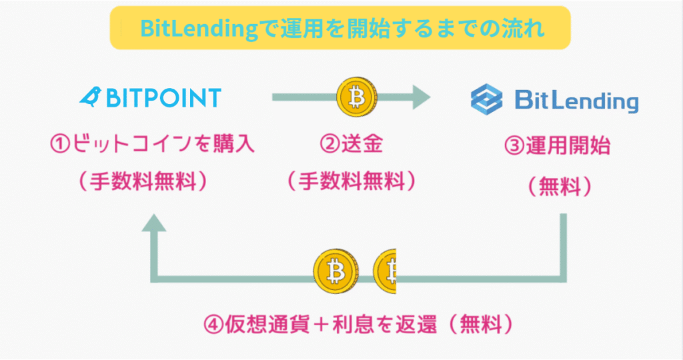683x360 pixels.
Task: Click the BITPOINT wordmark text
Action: click(x=160, y=98)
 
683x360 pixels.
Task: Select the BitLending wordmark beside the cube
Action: click(x=576, y=101)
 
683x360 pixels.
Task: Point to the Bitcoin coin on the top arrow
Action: click(x=358, y=97)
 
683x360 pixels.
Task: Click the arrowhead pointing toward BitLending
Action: click(x=418, y=97)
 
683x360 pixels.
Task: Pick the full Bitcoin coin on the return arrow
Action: click(x=335, y=271)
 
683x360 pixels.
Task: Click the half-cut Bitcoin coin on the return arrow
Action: click(x=386, y=271)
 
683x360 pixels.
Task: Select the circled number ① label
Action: click(x=61, y=145)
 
